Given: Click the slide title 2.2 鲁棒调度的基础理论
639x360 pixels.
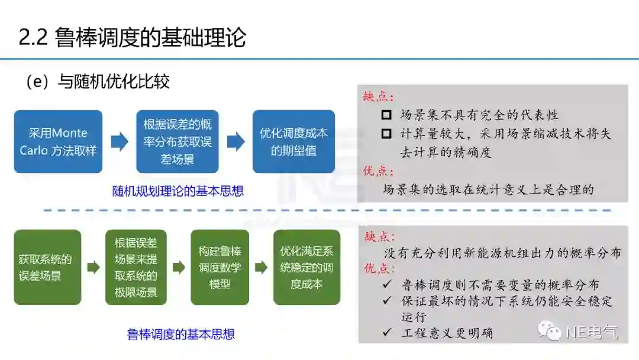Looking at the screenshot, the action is click(132, 37).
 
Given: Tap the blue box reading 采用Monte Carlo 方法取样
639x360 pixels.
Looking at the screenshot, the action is click(58, 142).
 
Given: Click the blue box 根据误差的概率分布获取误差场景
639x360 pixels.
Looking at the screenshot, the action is click(177, 142).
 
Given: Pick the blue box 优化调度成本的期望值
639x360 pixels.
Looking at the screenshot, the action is click(293, 142).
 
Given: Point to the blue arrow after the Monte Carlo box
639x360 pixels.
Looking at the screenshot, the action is click(119, 142).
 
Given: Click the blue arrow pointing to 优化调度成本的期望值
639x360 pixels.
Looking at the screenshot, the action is click(235, 142).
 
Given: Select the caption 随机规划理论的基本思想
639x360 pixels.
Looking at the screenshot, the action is click(178, 191).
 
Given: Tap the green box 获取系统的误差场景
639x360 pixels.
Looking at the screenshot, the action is click(47, 267).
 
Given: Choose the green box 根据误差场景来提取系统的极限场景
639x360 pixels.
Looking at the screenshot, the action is click(136, 267).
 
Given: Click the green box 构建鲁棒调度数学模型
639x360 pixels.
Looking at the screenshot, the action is click(220, 267).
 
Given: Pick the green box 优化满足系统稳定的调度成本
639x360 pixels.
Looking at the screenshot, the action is click(306, 267).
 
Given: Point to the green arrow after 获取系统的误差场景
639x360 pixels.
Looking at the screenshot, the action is click(93, 268).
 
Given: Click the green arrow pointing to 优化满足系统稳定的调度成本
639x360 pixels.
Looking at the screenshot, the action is click(260, 268).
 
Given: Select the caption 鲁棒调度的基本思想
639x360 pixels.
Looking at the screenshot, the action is click(181, 335).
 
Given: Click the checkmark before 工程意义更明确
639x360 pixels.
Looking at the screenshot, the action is click(387, 333).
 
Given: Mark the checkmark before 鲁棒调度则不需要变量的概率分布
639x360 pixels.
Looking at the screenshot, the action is click(387, 285).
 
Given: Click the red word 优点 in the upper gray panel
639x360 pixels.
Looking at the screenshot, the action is click(377, 171).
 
